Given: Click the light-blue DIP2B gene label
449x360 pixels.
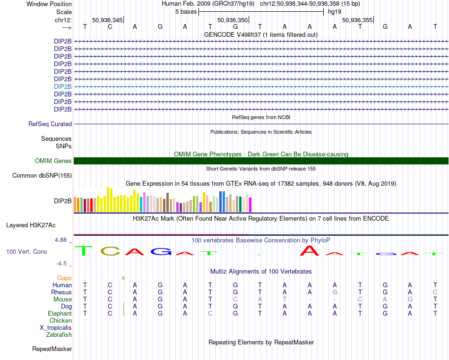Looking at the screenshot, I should tap(63, 86).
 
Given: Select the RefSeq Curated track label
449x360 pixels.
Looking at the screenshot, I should tap(50, 124).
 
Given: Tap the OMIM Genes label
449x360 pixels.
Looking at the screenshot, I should tap(53, 161).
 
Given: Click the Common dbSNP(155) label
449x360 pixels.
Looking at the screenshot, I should tap(42, 176).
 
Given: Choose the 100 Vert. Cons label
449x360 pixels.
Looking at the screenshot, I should tap(26, 252).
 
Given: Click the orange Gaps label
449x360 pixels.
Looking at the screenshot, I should tap(64, 278).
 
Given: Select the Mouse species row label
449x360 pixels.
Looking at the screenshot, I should tap(63, 299).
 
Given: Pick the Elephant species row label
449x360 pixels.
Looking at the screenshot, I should tap(60, 313).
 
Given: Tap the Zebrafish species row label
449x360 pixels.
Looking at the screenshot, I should tap(59, 334).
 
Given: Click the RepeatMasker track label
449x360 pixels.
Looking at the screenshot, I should tap(52, 349).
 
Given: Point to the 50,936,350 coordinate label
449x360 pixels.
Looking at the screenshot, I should tap(233, 20).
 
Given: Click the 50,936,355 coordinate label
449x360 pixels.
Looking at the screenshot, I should tap(357, 20).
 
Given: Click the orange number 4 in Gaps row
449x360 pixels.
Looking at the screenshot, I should tap(123, 278).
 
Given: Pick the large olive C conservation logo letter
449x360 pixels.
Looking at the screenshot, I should tap(111, 251).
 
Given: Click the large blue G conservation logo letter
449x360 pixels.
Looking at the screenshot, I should tap(160, 252).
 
